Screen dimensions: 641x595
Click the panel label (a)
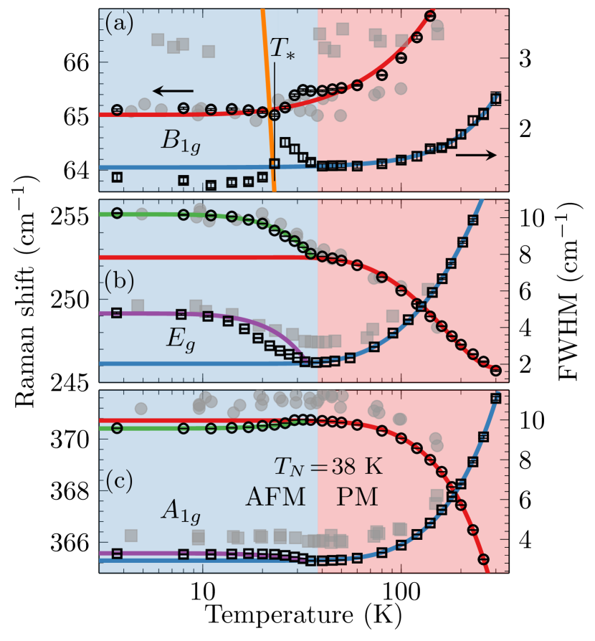119,24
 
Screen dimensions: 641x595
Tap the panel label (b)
119,282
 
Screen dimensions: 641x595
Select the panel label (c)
119,480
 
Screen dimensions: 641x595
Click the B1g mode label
180,141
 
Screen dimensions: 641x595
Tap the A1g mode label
180,511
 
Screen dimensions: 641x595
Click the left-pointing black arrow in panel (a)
173,91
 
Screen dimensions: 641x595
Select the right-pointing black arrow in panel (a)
476,155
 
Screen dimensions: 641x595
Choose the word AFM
276,496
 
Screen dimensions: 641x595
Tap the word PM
356,496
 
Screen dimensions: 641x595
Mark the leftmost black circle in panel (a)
117,109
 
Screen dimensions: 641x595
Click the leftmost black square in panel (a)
117,177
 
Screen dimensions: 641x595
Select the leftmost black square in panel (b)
117,313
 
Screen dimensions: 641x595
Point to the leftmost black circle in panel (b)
117,213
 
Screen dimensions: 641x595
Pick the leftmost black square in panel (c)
117,553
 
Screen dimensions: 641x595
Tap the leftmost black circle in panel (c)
117,428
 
